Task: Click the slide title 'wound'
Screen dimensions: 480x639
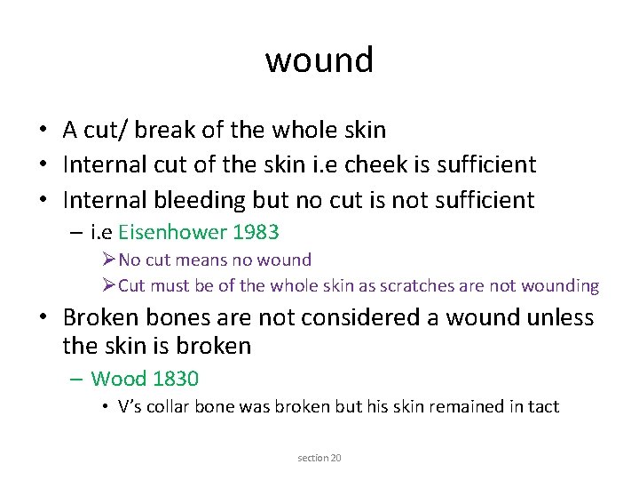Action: click(319, 60)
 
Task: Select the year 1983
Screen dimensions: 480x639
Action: click(256, 233)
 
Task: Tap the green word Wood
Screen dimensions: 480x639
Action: click(119, 379)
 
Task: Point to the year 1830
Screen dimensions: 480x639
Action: click(176, 379)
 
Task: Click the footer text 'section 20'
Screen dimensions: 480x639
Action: click(319, 458)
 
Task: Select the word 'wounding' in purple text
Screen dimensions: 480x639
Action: click(561, 286)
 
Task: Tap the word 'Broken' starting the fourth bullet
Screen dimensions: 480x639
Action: click(104, 317)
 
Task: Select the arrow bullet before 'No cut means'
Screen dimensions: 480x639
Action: click(109, 260)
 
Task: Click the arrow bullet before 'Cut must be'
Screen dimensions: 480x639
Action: click(109, 286)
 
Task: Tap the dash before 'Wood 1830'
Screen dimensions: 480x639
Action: click(75, 379)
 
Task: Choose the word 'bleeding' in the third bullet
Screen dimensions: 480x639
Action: click(200, 199)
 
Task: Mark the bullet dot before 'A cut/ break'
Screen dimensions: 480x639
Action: click(42, 131)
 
